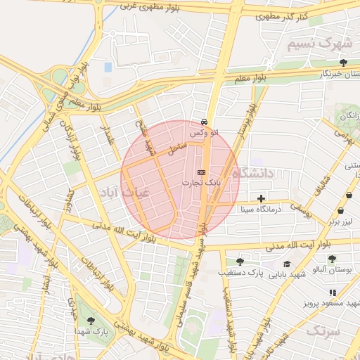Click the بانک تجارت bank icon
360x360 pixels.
202,172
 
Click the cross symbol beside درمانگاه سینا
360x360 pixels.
262,199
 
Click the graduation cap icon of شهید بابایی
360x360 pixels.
287,264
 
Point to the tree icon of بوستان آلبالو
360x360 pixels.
332,259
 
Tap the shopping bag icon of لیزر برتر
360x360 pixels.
341,210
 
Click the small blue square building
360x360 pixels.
108,67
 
